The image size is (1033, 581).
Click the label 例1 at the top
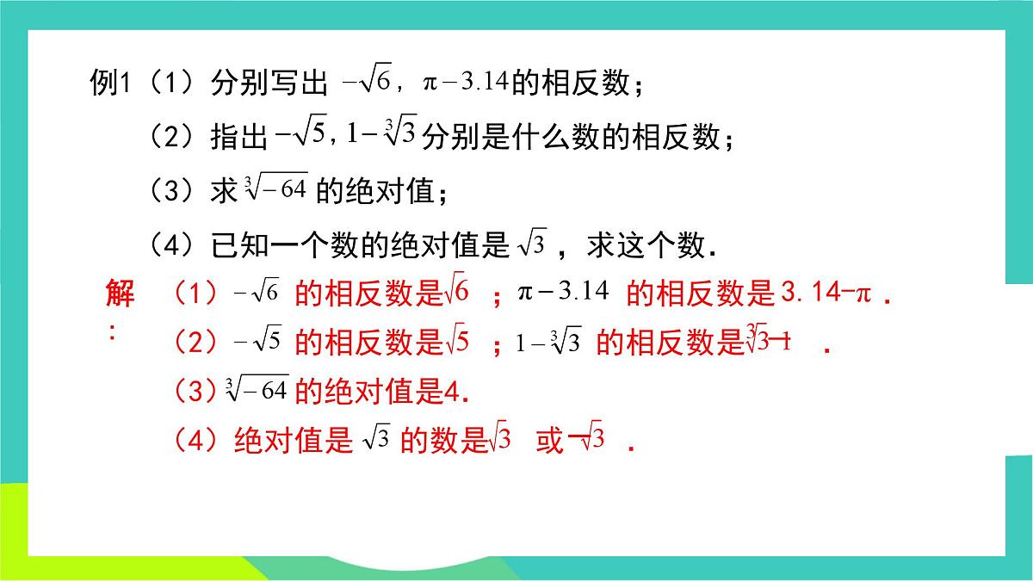(x=108, y=83)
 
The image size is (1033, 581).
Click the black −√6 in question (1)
(x=367, y=83)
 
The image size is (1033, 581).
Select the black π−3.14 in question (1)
(x=465, y=83)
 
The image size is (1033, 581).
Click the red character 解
(x=120, y=294)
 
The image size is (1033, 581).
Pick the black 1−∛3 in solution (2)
(x=549, y=343)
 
